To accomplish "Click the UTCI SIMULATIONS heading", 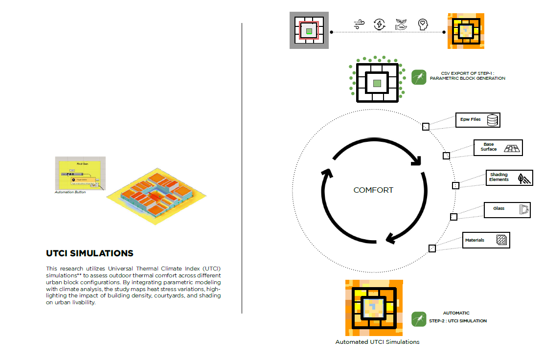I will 90,253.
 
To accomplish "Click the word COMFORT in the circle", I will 373,190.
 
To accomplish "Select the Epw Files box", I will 478,119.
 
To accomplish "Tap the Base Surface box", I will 498,148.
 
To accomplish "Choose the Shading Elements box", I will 509,178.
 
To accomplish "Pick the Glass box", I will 507,210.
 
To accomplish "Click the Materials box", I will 486,240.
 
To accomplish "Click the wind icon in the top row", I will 359,24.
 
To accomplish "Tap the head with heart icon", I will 423,24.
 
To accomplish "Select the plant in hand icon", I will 401,24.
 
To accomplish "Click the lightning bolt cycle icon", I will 379,24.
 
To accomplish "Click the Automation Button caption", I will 70,192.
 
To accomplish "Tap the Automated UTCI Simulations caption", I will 377,342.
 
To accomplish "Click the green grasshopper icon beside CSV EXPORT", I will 419,77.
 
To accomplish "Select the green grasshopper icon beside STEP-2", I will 419,319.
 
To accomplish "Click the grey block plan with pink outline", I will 309,31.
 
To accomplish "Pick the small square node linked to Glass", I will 453,217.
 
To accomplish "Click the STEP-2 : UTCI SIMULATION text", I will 458,321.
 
